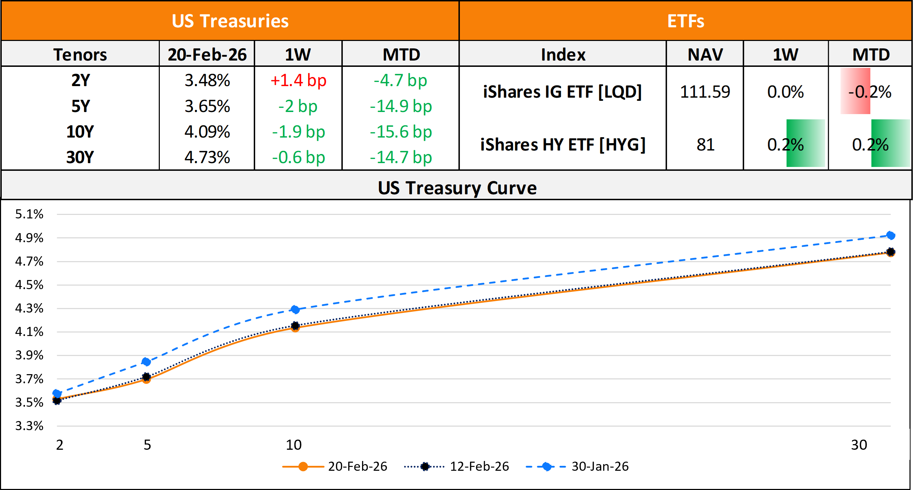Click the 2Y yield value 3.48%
(207, 80)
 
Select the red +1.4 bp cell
(298, 80)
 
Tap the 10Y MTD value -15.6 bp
(401, 132)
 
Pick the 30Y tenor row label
(80, 157)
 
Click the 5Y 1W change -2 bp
(298, 106)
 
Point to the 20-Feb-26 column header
(207, 55)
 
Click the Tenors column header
(80, 55)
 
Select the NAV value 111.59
(704, 92)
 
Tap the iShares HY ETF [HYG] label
(563, 145)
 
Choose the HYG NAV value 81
(705, 145)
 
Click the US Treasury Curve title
(457, 188)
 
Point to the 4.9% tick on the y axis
(29, 238)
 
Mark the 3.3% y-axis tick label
(29, 426)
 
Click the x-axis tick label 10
(293, 445)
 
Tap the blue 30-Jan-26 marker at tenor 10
(295, 309)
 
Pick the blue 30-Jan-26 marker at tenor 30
(890, 236)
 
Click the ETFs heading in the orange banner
(686, 21)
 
